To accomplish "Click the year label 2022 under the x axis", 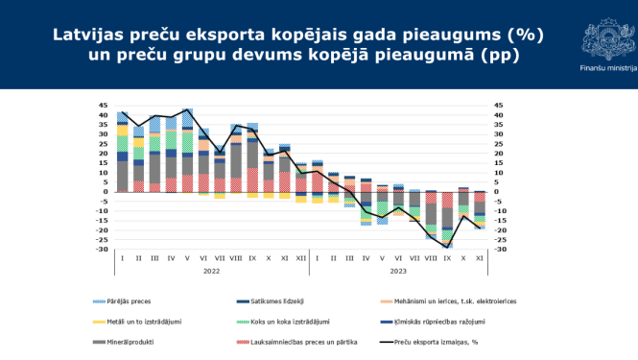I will (x=210, y=270).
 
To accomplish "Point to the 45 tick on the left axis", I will (x=103, y=106).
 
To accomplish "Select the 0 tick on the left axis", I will (x=106, y=192).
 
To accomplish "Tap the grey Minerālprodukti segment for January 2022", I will (x=122, y=176).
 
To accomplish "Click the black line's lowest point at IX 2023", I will (x=448, y=247).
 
